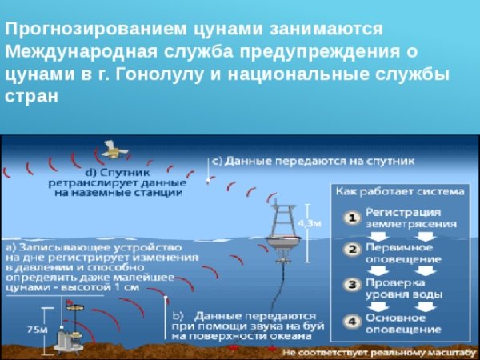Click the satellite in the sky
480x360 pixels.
(111, 149)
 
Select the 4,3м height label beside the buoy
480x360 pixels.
(310, 223)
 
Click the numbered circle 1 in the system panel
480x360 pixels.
(350, 218)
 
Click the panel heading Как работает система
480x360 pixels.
(399, 192)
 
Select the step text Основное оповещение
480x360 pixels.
(404, 323)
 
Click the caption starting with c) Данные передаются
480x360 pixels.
(312, 161)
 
